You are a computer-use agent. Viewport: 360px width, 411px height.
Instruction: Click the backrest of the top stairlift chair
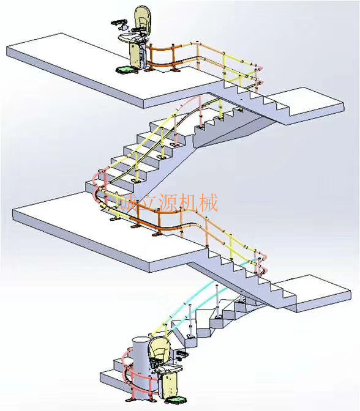click(x=142, y=18)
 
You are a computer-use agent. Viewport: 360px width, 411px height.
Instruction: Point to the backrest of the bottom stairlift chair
click(x=159, y=349)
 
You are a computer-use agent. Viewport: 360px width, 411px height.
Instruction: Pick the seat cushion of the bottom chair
click(x=168, y=369)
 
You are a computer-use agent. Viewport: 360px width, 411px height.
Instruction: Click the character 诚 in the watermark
click(x=128, y=202)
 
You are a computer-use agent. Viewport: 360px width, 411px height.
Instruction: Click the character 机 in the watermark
click(x=188, y=202)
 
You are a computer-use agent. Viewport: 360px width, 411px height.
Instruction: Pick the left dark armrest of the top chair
click(x=119, y=22)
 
